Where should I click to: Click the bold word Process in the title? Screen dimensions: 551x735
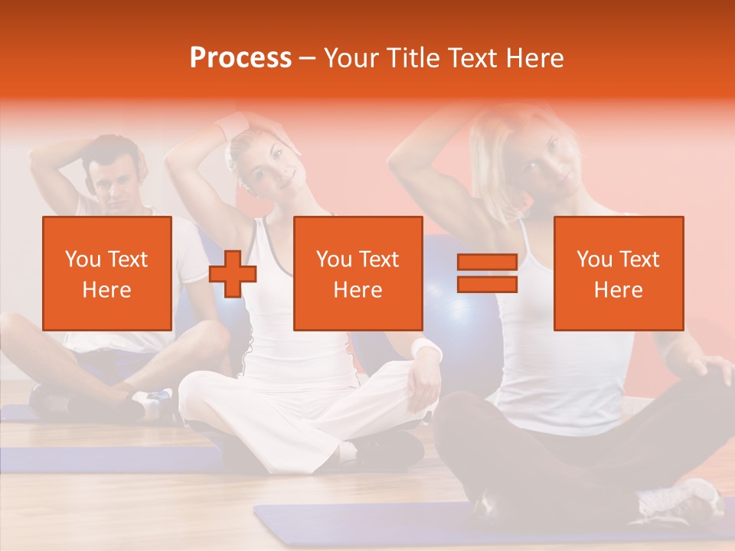pos(240,58)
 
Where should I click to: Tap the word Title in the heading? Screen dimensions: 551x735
pos(413,58)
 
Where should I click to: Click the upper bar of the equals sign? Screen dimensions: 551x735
pos(487,262)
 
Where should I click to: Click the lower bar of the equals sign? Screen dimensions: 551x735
pos(487,285)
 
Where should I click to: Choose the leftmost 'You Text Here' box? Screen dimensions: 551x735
pos(107,273)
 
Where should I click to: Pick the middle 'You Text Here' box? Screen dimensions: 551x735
pos(358,273)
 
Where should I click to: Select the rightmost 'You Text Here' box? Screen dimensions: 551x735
pos(619,273)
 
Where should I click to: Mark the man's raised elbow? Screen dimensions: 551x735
pos(38,157)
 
